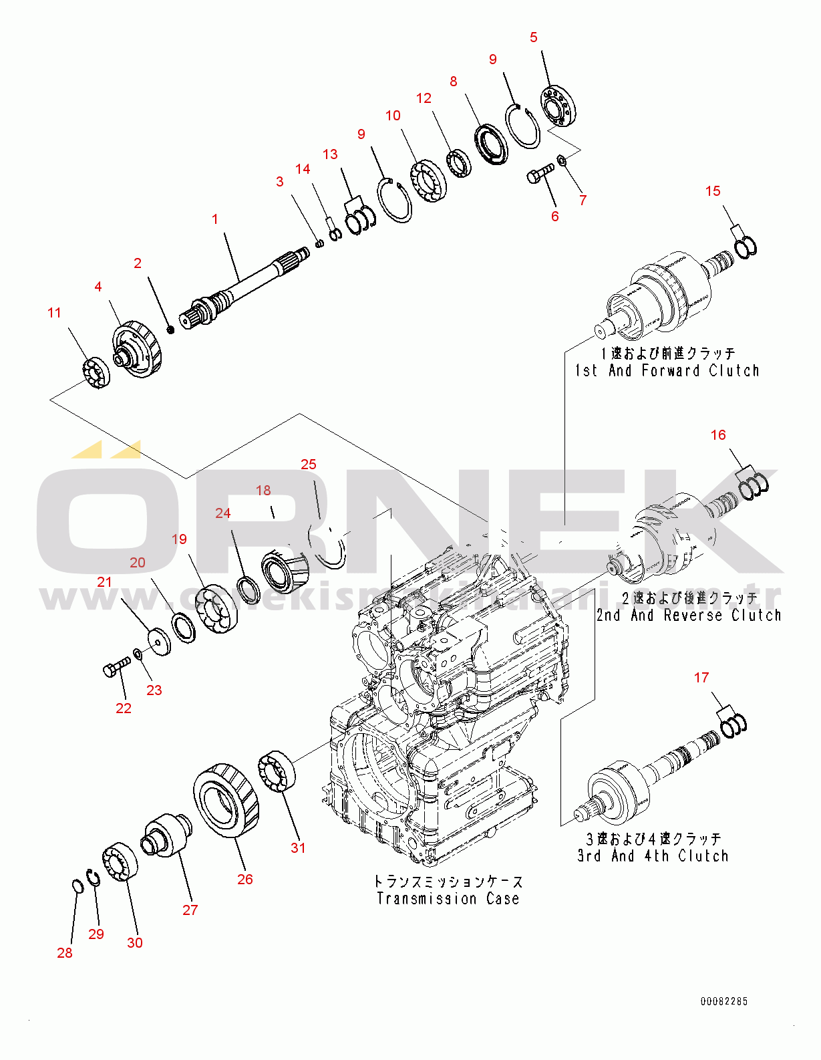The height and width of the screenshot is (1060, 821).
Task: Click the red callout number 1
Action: [x=215, y=219]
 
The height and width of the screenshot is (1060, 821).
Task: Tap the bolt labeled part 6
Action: [x=540, y=174]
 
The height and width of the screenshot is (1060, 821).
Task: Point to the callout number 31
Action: [x=298, y=847]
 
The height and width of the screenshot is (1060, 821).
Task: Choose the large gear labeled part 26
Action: [x=226, y=799]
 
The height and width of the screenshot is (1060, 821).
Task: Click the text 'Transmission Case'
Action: [x=448, y=899]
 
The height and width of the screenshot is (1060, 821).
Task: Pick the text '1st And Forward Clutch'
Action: [x=667, y=370]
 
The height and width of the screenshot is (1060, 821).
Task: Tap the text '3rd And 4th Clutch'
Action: [x=653, y=855]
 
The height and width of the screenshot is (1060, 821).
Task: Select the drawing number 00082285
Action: [x=723, y=1001]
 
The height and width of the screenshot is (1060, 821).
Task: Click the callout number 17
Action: [x=701, y=678]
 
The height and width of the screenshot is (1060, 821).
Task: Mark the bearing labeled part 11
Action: [x=97, y=372]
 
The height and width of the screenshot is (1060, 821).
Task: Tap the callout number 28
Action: [x=65, y=952]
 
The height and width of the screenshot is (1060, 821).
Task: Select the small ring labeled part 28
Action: [x=77, y=886]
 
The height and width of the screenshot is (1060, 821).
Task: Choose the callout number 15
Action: [x=713, y=191]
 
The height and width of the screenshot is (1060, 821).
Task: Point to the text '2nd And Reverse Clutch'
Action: [x=689, y=615]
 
